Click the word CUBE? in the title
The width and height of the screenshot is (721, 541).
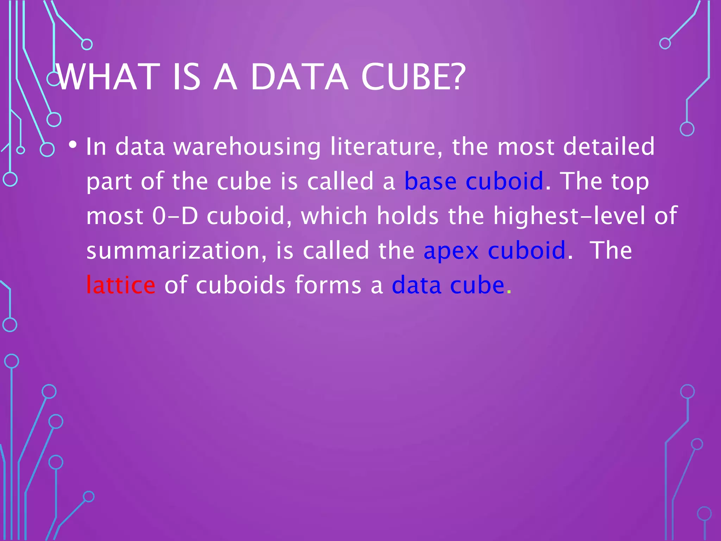point(413,77)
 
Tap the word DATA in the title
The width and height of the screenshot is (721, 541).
point(299,77)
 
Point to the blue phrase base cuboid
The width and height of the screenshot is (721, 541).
point(474,181)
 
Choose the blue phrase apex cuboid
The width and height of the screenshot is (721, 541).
point(494,250)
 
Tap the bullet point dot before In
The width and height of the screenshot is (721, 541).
point(73,144)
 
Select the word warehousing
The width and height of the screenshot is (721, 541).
point(247,147)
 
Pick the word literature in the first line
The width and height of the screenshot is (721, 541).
point(386,147)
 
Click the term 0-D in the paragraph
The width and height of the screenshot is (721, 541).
point(175,216)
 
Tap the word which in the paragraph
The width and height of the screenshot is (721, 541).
point(334,216)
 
